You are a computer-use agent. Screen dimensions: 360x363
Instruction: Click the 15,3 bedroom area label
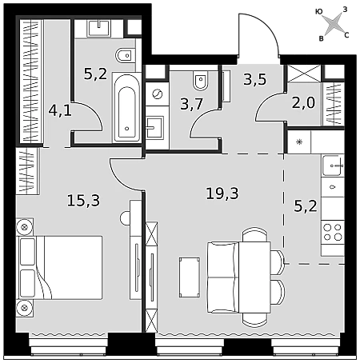(x=83, y=201)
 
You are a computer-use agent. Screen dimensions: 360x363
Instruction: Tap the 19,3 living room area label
(x=222, y=193)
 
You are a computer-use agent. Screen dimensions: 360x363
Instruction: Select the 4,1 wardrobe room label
(x=60, y=110)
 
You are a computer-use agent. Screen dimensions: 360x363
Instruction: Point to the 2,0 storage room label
(x=303, y=102)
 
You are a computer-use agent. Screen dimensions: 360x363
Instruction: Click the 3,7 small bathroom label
(x=192, y=104)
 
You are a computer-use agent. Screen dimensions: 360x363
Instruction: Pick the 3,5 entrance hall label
(x=254, y=79)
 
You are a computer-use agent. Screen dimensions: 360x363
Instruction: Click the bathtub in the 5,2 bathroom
(x=126, y=106)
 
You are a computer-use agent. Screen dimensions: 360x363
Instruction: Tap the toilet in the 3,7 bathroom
(x=201, y=80)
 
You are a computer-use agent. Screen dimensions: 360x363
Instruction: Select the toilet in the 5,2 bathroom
(x=125, y=56)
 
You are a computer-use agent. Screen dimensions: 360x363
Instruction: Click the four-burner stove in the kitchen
(x=333, y=232)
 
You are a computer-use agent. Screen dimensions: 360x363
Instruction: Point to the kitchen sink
(x=333, y=166)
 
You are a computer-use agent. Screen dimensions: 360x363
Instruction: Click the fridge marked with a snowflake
(x=299, y=142)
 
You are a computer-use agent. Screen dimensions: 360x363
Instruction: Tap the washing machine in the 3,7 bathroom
(x=157, y=94)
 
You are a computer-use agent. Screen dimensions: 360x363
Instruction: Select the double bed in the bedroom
(x=59, y=267)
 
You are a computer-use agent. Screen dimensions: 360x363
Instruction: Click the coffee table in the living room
(x=190, y=277)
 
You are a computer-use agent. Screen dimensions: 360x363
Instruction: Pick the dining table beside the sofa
(x=254, y=277)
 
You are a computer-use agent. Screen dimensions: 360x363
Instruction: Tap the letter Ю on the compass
(x=318, y=11)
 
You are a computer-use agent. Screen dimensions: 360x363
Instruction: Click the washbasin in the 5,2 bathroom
(x=98, y=28)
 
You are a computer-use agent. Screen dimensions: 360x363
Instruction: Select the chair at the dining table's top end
(x=254, y=234)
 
